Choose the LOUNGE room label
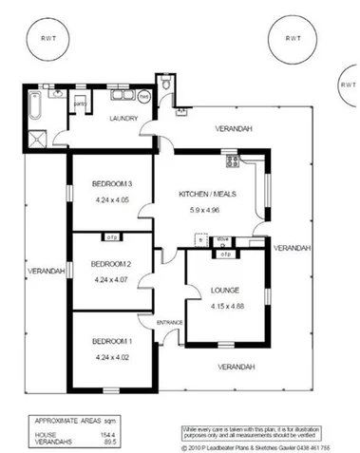coord(224,289)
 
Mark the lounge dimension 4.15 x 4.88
coord(224,305)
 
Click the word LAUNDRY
coord(125,119)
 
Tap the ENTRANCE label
coord(169,321)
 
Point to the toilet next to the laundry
coord(168,85)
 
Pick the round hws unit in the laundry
coord(143,96)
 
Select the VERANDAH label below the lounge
coord(235,367)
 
